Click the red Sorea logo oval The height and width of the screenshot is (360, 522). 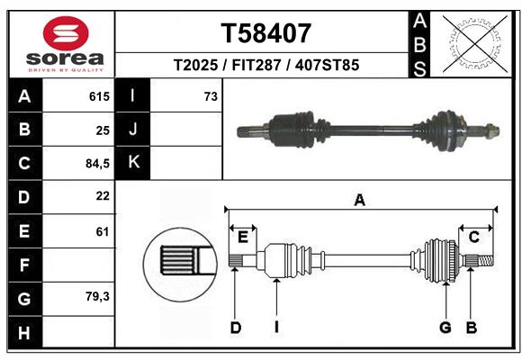(x=66, y=33)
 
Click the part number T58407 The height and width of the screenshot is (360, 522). (x=266, y=33)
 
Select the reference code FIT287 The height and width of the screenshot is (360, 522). (x=256, y=65)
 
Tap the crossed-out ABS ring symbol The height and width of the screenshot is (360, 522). (x=475, y=44)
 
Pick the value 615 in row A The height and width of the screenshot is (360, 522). (x=99, y=96)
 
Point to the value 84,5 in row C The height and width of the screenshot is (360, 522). (x=97, y=164)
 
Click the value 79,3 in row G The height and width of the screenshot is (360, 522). (x=97, y=296)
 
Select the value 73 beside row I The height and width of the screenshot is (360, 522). (x=211, y=96)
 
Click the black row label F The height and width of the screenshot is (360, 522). (x=25, y=265)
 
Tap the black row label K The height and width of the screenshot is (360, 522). (x=133, y=163)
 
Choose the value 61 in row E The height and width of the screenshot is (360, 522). (x=103, y=231)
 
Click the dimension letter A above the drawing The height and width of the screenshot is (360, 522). (x=359, y=200)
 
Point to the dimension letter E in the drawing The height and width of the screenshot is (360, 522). (x=243, y=238)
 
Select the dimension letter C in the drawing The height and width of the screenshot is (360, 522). (x=473, y=238)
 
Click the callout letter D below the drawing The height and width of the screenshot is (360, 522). (x=236, y=328)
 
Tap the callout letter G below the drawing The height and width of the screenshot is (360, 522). (x=445, y=328)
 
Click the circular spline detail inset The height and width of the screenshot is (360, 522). (x=180, y=265)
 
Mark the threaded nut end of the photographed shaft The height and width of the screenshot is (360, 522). (x=491, y=130)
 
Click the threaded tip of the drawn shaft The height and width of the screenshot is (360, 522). (x=486, y=260)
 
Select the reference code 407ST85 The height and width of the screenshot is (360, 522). (x=327, y=65)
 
